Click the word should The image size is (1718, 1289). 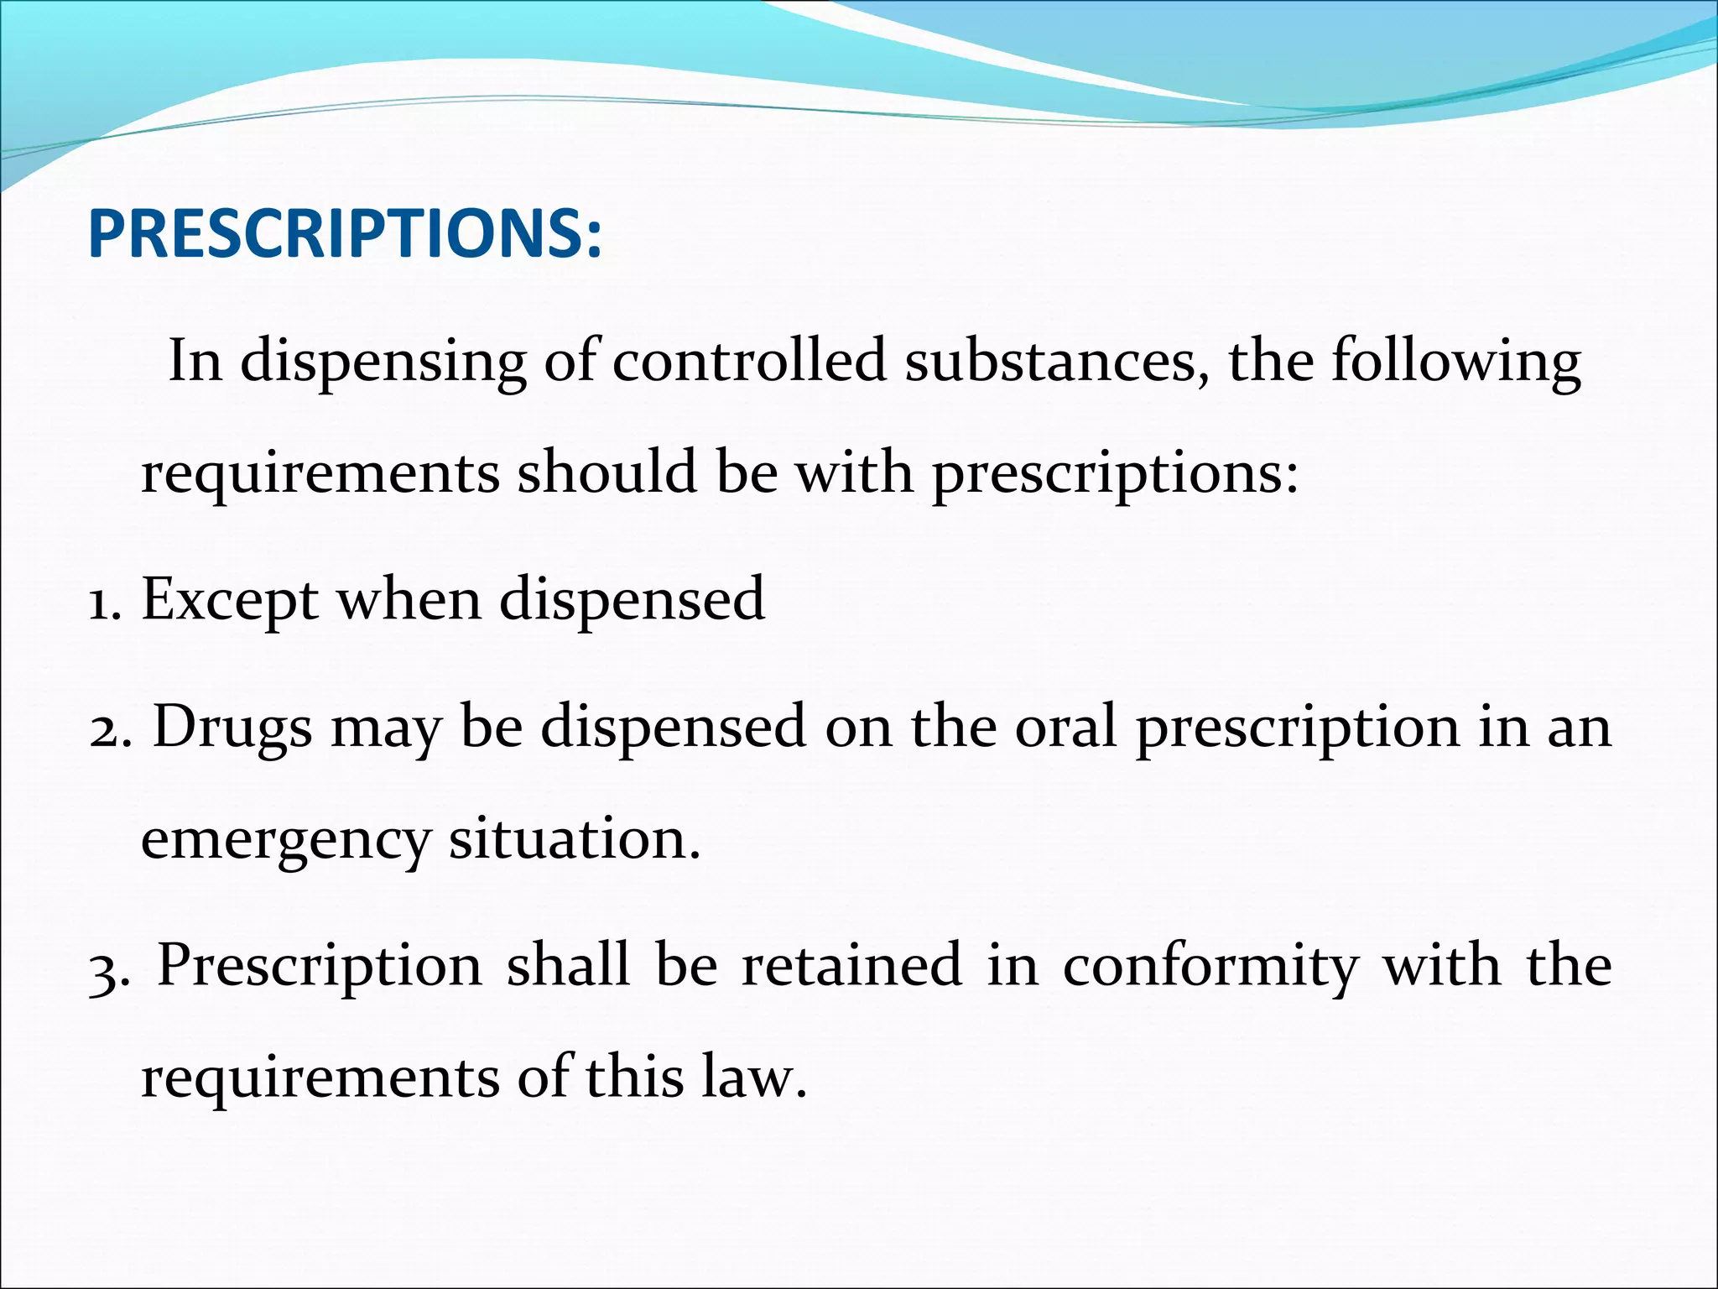pos(607,472)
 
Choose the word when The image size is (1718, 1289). pos(409,599)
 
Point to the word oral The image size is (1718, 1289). pos(1066,726)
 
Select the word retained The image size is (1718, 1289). pos(851,965)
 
